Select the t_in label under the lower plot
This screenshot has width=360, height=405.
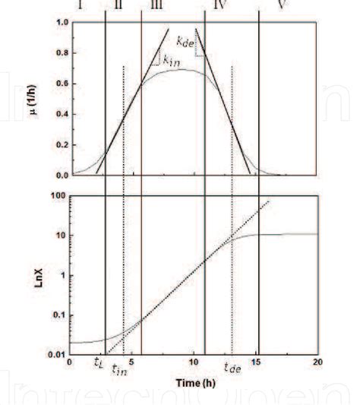(119, 370)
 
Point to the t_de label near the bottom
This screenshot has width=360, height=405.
(232, 369)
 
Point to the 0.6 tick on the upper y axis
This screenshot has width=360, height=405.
(58, 83)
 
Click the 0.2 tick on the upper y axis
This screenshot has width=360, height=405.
(58, 144)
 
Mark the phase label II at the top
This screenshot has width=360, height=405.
(118, 4)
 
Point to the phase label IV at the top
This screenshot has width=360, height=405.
(222, 4)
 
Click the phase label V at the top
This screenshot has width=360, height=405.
(282, 4)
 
